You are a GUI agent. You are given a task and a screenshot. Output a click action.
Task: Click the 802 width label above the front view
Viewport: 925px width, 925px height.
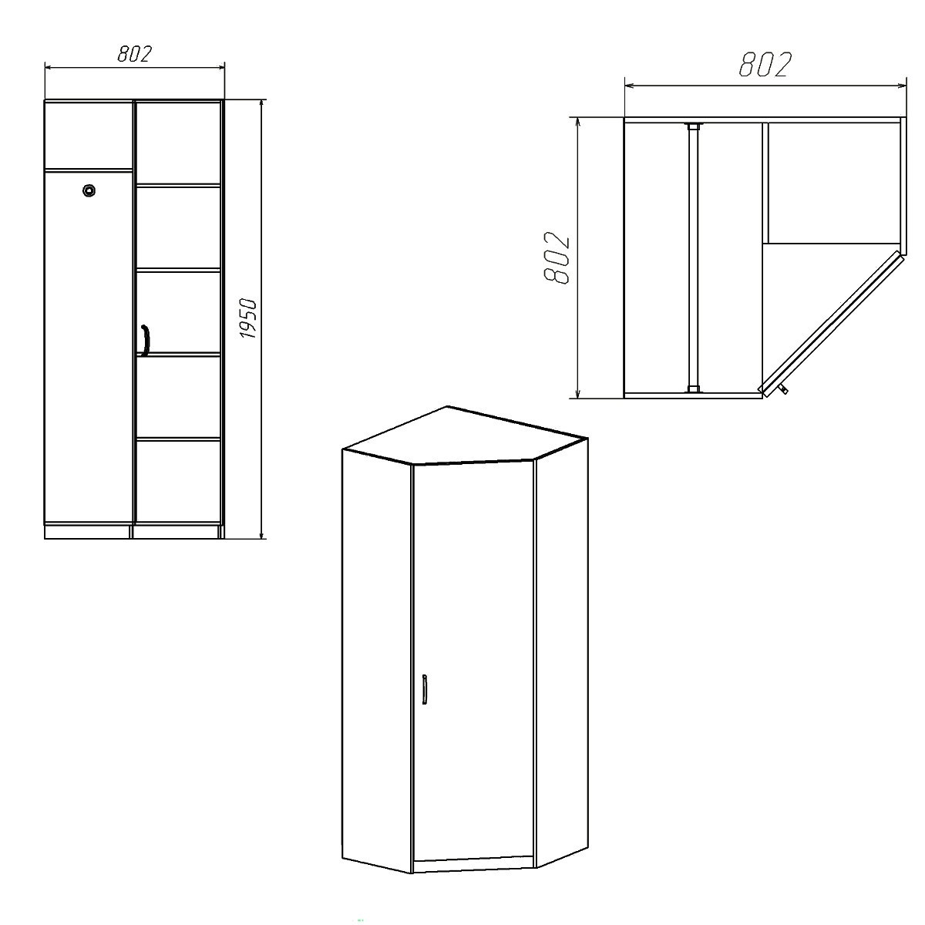(x=134, y=54)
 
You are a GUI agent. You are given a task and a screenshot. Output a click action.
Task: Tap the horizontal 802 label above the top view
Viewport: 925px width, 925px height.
(x=765, y=64)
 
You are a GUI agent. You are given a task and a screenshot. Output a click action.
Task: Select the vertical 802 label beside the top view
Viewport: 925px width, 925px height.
(x=556, y=258)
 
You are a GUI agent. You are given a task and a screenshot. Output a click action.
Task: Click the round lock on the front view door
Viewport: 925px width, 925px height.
(x=89, y=190)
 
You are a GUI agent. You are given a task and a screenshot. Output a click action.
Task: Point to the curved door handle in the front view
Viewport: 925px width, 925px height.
(x=146, y=341)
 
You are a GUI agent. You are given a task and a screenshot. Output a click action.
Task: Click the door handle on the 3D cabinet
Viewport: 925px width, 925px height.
(x=424, y=689)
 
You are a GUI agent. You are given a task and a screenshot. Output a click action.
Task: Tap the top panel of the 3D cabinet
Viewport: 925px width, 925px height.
(x=465, y=437)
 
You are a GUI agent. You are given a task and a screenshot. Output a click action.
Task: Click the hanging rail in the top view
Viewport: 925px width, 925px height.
(x=693, y=257)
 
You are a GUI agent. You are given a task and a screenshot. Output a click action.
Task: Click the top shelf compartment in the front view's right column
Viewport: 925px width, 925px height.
(x=179, y=143)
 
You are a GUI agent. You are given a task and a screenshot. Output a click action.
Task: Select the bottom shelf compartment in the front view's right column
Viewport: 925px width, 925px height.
(x=179, y=481)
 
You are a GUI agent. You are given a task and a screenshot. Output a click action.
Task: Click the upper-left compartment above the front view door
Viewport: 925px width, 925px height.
(x=89, y=135)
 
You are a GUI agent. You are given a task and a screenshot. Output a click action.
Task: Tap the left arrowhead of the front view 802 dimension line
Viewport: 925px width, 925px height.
(x=49, y=68)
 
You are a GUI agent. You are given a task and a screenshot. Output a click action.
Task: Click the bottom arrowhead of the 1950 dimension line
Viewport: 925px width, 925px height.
(x=261, y=533)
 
